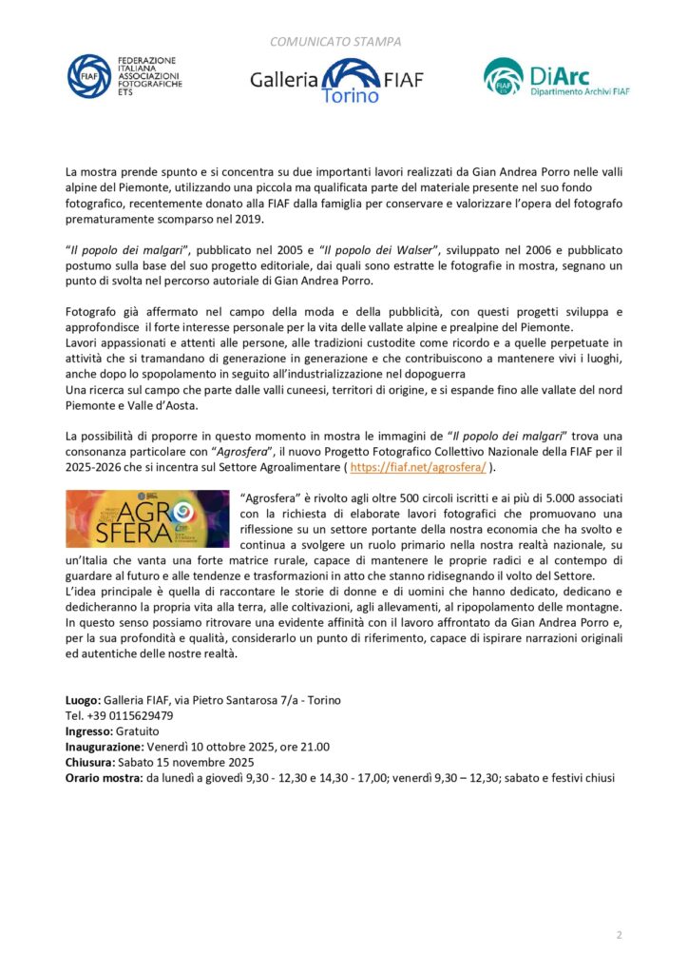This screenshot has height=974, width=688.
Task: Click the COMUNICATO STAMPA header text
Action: point(335,42)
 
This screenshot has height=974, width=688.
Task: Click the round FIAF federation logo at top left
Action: point(88,75)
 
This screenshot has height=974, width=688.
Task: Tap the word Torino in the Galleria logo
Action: point(350,95)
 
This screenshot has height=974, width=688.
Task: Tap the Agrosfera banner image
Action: point(147,518)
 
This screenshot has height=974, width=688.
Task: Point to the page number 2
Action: point(619,935)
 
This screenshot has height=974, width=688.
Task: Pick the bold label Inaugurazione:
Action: point(104,747)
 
